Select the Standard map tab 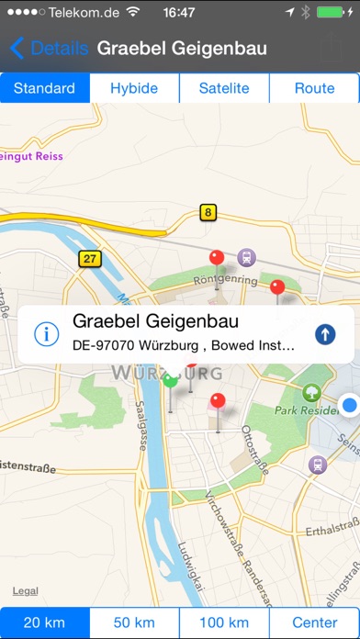[45, 89]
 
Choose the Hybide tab [134, 89]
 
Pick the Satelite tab [224, 89]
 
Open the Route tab [314, 89]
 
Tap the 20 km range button [45, 622]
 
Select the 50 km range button [134, 622]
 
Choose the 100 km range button [224, 622]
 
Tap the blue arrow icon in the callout [324, 334]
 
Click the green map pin [170, 381]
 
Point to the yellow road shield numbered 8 [208, 213]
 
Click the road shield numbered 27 [88, 258]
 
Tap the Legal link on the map [26, 590]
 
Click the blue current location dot [349, 405]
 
